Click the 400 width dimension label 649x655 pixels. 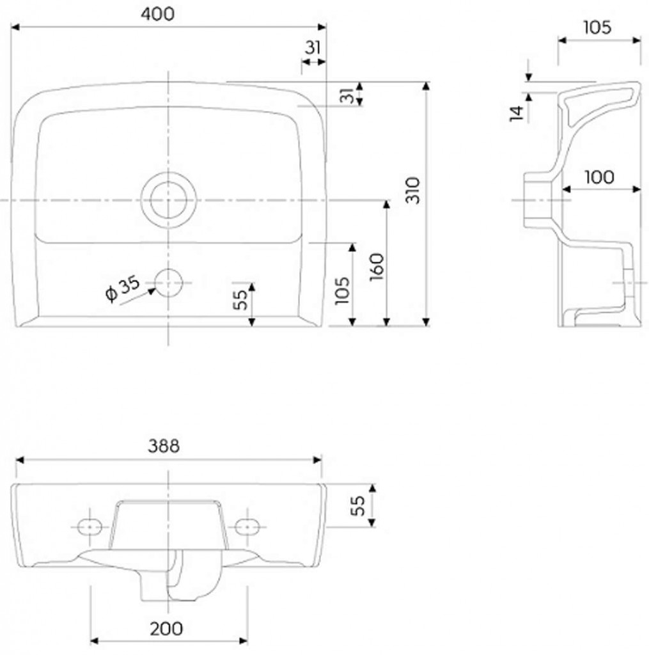coord(157,14)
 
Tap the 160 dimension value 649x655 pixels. coord(377,267)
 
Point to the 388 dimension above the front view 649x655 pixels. coord(164,446)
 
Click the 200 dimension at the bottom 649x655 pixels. coord(166,629)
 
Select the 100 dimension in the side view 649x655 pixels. coord(599,177)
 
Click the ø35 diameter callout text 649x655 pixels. coord(122,288)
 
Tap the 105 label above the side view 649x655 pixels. coord(597,28)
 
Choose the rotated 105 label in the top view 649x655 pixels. coord(342,290)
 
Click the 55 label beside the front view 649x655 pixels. coord(357,506)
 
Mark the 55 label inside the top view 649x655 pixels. coord(240,299)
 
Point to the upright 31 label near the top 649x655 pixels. coord(313,47)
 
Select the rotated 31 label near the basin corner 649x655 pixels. coord(347,96)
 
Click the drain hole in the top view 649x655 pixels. coord(168,200)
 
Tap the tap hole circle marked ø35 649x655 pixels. coord(168,283)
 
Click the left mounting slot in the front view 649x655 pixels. coord(90,527)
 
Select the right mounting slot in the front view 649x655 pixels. coord(247,527)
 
